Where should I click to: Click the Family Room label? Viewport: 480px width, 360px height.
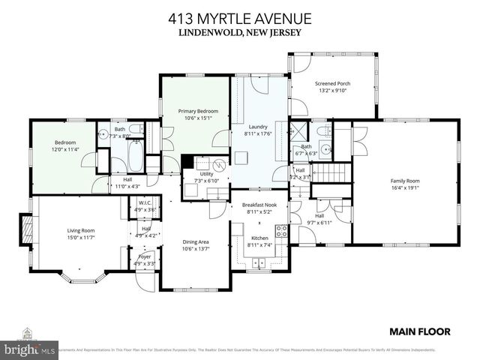coord(403,181)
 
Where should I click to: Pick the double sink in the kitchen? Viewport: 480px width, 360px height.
coord(259,262)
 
